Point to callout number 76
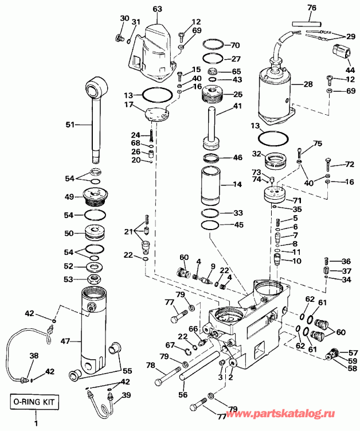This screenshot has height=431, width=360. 328,7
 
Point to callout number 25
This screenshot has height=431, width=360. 237,94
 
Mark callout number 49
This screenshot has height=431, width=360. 69,197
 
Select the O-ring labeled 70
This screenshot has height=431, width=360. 214,45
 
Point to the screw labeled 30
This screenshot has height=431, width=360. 119,38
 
